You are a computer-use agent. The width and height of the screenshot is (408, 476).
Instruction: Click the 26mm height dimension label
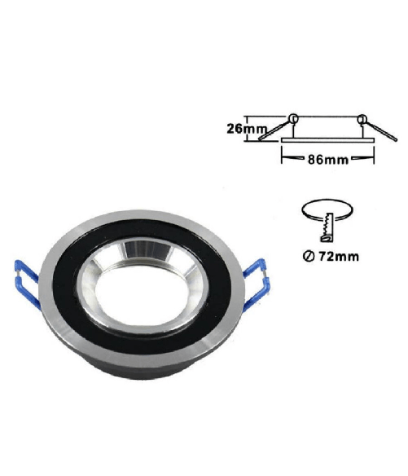coord(247,129)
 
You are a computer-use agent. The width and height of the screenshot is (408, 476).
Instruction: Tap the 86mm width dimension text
coord(328,160)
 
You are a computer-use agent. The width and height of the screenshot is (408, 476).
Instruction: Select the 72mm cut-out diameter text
coord(338,257)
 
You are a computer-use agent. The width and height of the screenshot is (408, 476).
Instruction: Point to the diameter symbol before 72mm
coord(308,257)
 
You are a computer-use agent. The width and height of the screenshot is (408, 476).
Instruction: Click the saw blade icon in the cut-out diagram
coord(327,227)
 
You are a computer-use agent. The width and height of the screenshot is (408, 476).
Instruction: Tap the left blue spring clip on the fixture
coord(27,284)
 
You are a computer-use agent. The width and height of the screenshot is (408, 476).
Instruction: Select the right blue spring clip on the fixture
coord(256,282)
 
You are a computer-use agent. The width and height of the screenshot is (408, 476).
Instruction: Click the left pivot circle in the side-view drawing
coord(293,118)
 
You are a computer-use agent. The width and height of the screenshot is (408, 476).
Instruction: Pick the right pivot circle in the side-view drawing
coord(362,119)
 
